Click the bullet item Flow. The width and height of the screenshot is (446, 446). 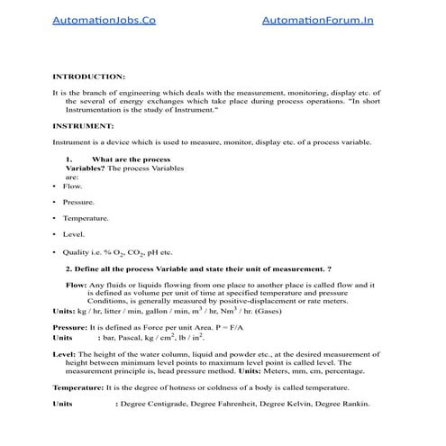tap(72, 186)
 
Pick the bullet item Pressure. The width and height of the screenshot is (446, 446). tap(78, 203)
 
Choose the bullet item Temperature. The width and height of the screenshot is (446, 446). tap(86, 219)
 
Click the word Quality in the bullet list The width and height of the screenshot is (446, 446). tap(77, 252)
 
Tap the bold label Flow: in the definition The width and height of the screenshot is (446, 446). tap(76, 285)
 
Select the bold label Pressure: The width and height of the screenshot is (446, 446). tap(69, 325)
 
